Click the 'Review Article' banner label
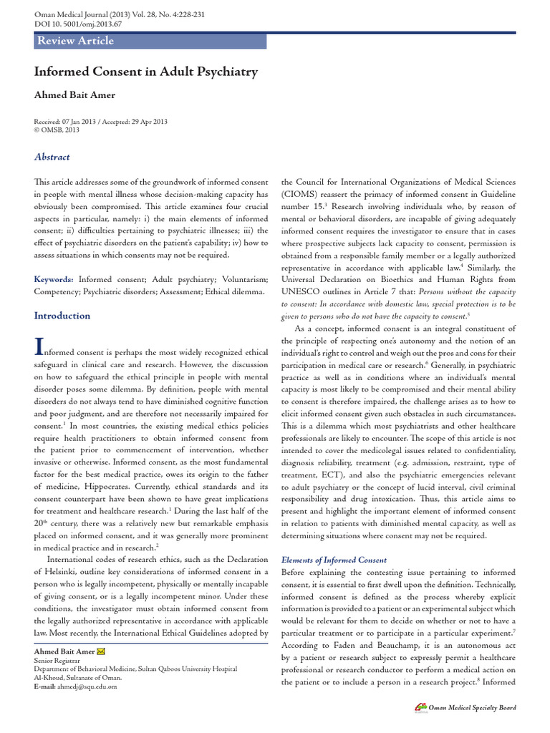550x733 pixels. click(75, 41)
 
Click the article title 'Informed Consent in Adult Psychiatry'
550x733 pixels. click(146, 72)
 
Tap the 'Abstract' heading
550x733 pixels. click(52, 157)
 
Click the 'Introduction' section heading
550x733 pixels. click(62, 316)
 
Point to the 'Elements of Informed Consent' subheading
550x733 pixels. click(334, 560)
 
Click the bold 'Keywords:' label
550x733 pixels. click(54, 279)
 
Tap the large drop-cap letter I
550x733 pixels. click(39, 347)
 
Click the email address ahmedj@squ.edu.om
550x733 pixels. click(89, 686)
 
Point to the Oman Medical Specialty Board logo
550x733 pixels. click(421, 708)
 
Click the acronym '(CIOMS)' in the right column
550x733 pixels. click(302, 195)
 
